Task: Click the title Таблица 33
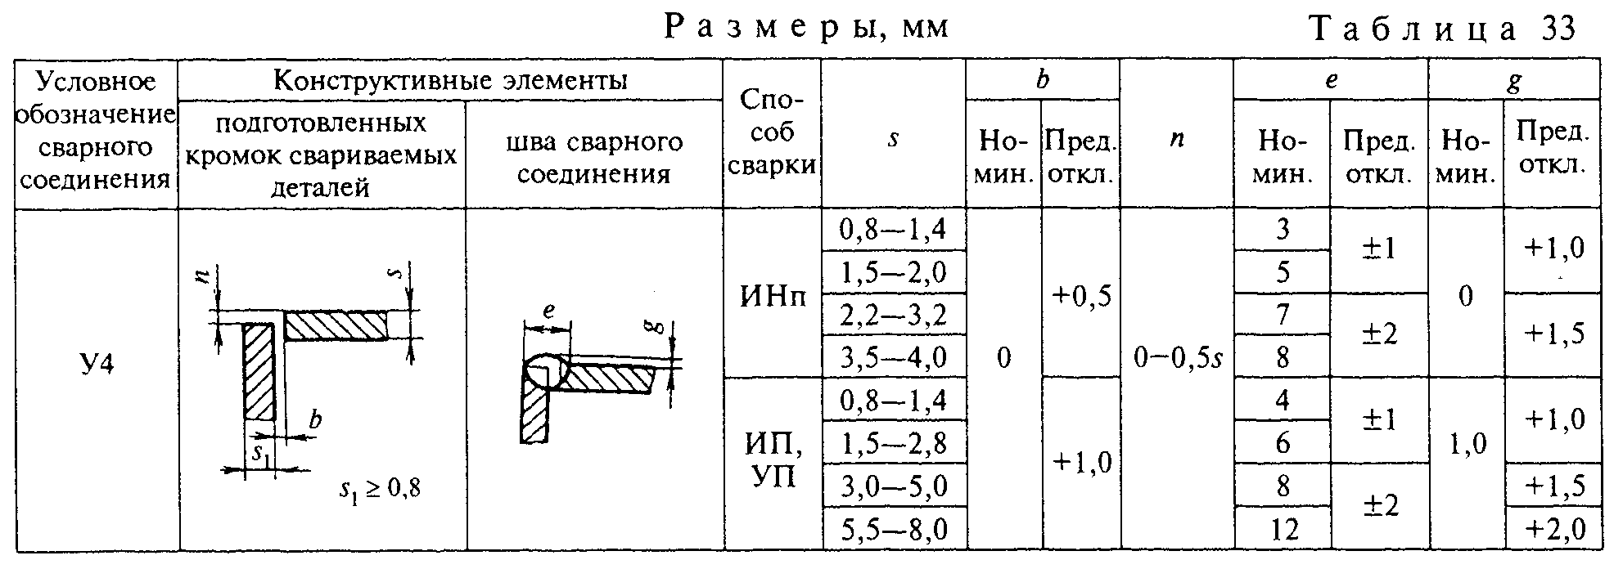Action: tap(1443, 29)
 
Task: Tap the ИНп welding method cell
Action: tap(773, 295)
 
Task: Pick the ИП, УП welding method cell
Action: tap(773, 460)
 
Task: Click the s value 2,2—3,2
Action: tap(893, 315)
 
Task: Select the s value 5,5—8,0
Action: tap(893, 530)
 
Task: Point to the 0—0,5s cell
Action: tap(1177, 358)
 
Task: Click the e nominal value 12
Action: tap(1282, 531)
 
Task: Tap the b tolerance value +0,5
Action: tap(1080, 295)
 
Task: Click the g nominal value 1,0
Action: tap(1466, 445)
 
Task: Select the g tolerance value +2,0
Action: tap(1554, 530)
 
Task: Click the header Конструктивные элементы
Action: tap(450, 80)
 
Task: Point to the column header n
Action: tap(1177, 139)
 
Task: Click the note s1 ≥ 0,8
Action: tap(380, 490)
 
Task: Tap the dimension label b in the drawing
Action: tap(314, 420)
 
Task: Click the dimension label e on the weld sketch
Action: tap(549, 311)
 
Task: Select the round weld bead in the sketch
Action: tap(546, 372)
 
